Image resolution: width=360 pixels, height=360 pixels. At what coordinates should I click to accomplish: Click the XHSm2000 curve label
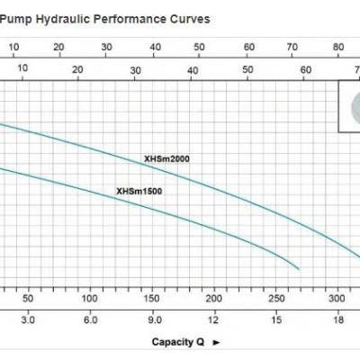pyautogui.click(x=166, y=158)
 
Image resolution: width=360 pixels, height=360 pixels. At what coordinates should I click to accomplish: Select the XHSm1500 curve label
pyautogui.click(x=139, y=191)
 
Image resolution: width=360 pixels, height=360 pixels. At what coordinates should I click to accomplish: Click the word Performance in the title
pyautogui.click(x=130, y=19)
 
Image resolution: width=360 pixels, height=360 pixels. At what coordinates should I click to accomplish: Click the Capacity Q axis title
pyautogui.click(x=178, y=342)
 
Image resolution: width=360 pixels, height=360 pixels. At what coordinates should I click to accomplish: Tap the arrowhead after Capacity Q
pyautogui.click(x=216, y=343)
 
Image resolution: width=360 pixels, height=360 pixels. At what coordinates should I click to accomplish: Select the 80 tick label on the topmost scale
pyautogui.click(x=338, y=47)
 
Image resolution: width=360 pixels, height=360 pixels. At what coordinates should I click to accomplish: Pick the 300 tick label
pyautogui.click(x=337, y=299)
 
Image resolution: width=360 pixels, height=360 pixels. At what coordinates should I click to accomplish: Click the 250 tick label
pyautogui.click(x=276, y=299)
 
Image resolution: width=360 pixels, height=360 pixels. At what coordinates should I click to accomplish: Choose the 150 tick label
pyautogui.click(x=151, y=299)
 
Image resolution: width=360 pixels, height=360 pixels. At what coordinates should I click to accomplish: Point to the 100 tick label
pyautogui.click(x=89, y=299)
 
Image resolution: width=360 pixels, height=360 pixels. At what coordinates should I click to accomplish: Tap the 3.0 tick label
pyautogui.click(x=28, y=320)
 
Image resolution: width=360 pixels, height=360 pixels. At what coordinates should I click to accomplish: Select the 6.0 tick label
pyautogui.click(x=90, y=320)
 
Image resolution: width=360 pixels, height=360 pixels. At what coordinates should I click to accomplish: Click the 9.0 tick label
pyautogui.click(x=155, y=320)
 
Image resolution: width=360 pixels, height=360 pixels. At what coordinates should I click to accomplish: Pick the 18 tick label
pyautogui.click(x=338, y=320)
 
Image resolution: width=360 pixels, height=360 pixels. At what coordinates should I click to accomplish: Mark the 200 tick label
pyautogui.click(x=213, y=299)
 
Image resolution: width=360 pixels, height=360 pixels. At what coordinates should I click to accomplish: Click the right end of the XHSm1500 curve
pyautogui.click(x=299, y=269)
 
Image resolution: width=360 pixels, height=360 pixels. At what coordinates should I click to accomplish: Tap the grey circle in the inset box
pyautogui.click(x=355, y=106)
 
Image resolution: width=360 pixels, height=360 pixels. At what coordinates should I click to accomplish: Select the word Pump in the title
pyautogui.click(x=15, y=20)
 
